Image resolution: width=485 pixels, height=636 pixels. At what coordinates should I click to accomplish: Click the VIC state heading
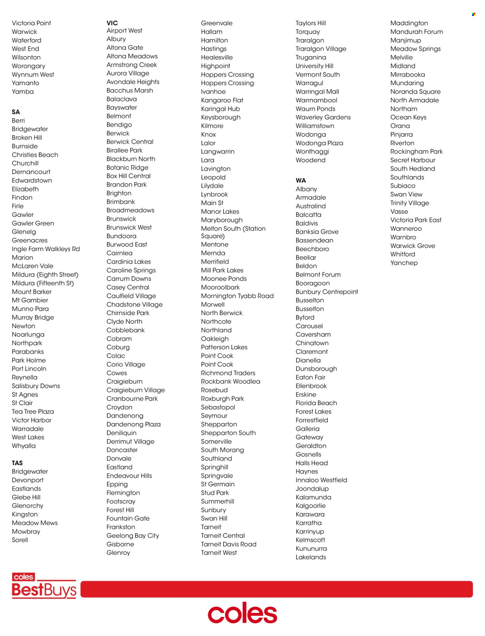112,23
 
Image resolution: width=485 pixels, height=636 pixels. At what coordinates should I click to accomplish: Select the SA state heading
16,112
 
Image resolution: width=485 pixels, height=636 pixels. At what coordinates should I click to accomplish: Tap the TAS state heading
17,463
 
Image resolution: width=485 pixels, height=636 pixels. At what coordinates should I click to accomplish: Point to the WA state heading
301,180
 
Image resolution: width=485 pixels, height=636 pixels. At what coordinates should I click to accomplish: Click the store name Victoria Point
31,23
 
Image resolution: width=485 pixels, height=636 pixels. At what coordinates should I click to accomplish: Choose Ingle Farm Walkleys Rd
46,249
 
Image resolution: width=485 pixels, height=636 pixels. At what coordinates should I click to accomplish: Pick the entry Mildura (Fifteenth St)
43,283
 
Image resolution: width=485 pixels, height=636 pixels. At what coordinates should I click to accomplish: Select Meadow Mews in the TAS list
35,523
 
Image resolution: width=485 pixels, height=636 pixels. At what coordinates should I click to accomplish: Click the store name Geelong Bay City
133,535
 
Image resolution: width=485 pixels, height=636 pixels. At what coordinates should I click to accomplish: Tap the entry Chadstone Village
135,305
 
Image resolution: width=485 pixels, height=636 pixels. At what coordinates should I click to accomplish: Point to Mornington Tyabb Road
237,296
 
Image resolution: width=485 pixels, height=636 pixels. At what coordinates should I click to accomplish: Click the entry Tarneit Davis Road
229,544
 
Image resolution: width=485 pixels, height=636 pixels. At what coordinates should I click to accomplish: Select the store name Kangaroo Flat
222,100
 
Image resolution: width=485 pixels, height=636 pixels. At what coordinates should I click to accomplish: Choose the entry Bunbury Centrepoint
327,292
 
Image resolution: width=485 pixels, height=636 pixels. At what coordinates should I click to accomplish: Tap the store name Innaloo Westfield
321,480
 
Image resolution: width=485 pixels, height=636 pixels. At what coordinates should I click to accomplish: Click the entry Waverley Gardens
323,117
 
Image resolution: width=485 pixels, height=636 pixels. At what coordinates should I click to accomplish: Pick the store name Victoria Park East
416,220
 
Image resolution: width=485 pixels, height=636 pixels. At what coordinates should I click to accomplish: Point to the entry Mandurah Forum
416,32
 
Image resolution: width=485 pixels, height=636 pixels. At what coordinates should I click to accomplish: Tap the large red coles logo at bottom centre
242,613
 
